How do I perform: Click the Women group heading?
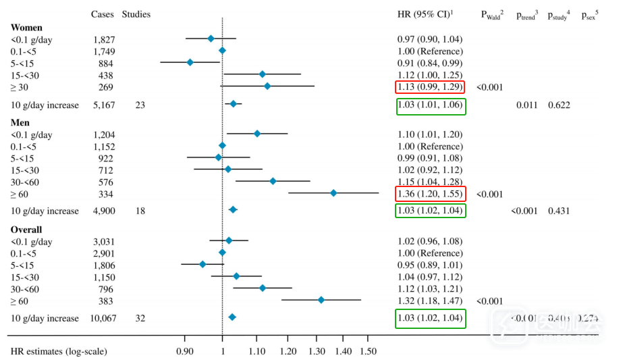coord(26,28)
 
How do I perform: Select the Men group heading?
coord(20,122)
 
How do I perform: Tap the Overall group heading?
coord(26,230)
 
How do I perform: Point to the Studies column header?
coord(136,14)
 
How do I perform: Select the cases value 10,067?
coord(102,318)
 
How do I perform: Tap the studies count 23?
coord(140,105)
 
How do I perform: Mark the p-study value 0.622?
coord(559,105)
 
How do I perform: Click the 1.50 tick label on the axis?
coord(367,351)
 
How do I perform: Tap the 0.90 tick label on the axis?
coord(184,351)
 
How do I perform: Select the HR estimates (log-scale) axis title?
coord(59,351)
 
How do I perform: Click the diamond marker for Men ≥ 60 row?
coord(333,193)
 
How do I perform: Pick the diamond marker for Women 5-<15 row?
coord(190,62)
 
